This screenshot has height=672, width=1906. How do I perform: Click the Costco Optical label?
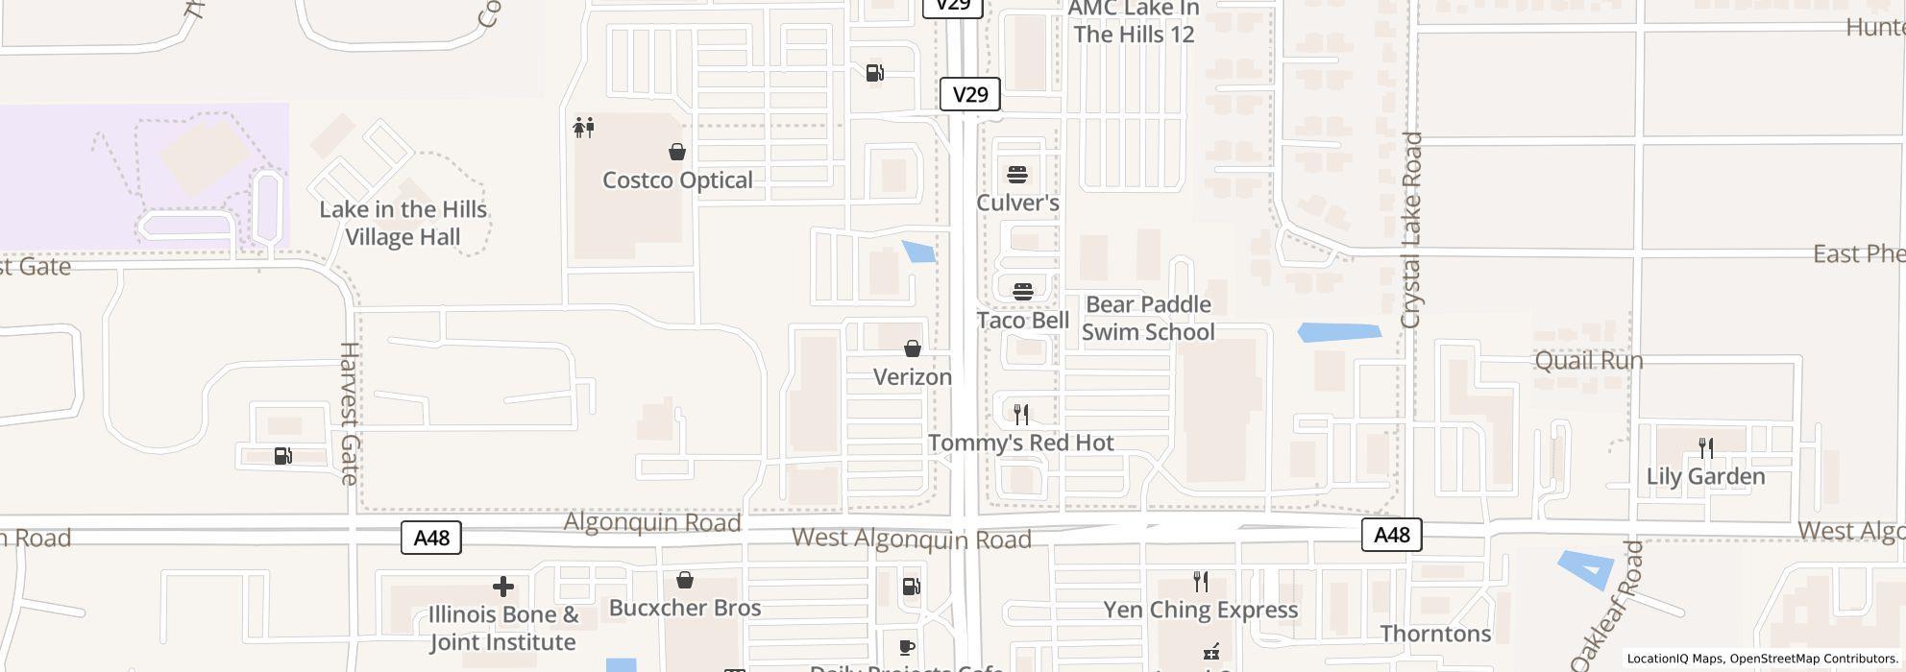(x=677, y=180)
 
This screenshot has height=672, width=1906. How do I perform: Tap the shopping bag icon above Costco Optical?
(x=677, y=152)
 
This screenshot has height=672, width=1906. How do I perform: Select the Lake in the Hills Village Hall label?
(x=403, y=223)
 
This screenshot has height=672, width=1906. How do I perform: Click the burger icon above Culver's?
(x=1017, y=174)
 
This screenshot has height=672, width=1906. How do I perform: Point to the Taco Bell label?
(x=1022, y=320)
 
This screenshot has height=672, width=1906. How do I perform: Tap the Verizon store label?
(x=912, y=376)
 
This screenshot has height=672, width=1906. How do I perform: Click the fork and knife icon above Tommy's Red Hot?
(x=1021, y=415)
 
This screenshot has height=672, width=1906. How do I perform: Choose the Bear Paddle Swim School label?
(x=1148, y=318)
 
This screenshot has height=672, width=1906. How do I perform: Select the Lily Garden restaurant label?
(x=1705, y=476)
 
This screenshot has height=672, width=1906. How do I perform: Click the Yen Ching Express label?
(x=1200, y=610)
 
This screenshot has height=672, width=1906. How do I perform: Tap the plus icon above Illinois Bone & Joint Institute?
(x=502, y=587)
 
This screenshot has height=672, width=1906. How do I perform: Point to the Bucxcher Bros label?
(x=685, y=608)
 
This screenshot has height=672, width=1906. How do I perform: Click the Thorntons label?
(x=1435, y=634)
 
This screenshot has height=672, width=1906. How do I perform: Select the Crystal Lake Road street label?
(x=1410, y=230)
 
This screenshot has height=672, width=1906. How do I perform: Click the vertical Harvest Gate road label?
(x=349, y=413)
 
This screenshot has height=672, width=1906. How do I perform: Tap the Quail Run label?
(x=1588, y=361)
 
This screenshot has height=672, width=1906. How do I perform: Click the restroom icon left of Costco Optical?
(x=583, y=127)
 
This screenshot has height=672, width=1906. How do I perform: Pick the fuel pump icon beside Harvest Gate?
(x=283, y=456)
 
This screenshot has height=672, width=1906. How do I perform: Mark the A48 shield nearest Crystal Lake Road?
(x=1391, y=535)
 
